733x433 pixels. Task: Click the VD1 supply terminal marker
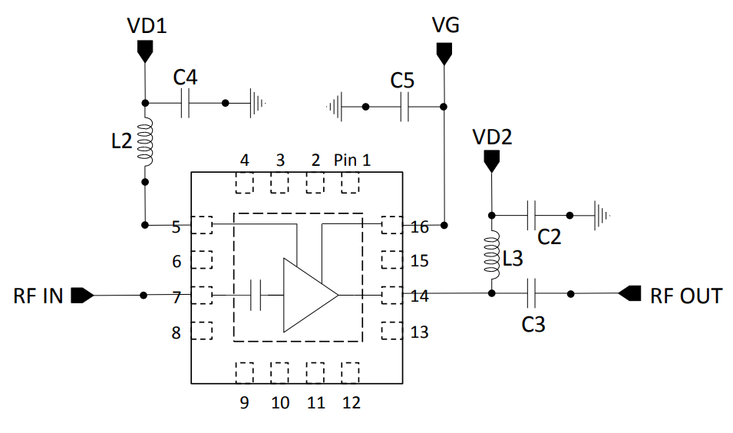[x=145, y=51]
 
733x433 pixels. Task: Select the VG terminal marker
[x=444, y=52]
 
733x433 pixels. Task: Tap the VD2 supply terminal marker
[x=491, y=160]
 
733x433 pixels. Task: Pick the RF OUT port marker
[x=629, y=293]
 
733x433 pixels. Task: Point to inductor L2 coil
[x=145, y=142]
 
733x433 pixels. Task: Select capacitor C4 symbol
[x=184, y=104]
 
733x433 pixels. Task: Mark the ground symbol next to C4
[x=258, y=103]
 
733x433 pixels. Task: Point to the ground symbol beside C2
[x=603, y=216]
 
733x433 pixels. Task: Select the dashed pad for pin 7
[x=201, y=295]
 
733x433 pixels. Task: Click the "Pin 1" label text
[x=352, y=160]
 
